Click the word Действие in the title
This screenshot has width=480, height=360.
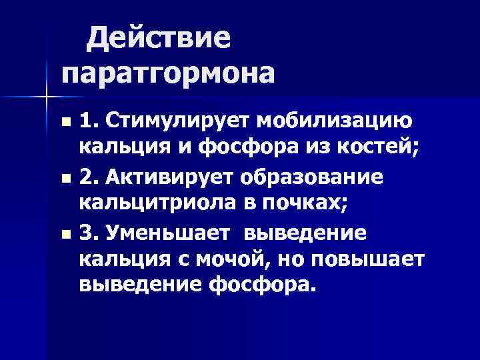(159, 38)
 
